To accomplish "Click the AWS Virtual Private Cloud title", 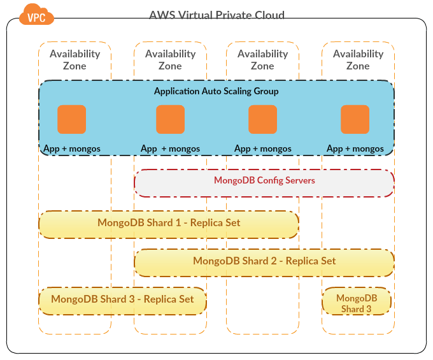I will point(216,15).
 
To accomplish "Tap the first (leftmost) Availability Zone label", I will point(75,59).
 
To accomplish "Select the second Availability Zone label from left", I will point(170,59).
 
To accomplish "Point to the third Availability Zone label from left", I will point(262,59).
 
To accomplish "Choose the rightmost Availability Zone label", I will point(358,59).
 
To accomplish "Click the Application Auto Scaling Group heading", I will point(216,91).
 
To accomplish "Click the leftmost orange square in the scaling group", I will point(71,119).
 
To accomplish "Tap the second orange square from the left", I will point(170,119).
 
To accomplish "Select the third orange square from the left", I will point(262,119).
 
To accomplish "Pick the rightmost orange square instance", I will point(355,119).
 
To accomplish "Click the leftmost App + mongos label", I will point(71,148).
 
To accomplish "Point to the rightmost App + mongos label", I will point(355,148).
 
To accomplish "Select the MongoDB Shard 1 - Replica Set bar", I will point(169,224).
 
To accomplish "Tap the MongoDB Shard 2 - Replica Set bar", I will point(264,261).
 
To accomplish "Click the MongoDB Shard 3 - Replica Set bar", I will point(122,299).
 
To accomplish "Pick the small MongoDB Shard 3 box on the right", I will point(357,303).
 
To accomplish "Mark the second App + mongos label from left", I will point(170,148).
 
